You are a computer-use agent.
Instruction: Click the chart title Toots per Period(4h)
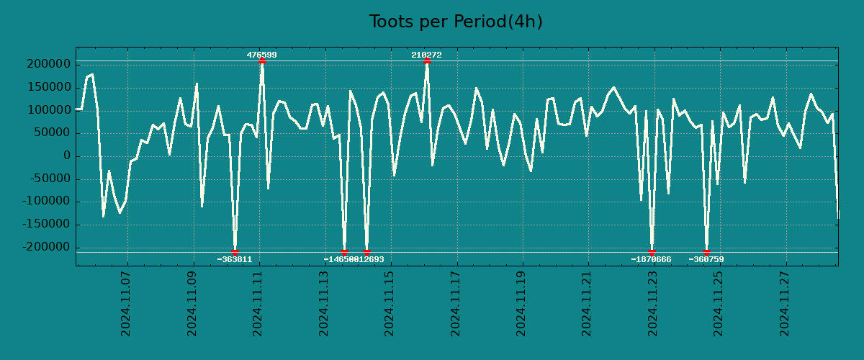(x=455, y=22)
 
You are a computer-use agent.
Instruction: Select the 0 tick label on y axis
(x=66, y=156)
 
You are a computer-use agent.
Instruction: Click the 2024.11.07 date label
(x=125, y=303)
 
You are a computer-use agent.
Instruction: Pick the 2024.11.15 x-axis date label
(x=389, y=303)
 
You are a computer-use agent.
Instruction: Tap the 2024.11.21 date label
(x=587, y=303)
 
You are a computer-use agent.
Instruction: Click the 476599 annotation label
(x=261, y=55)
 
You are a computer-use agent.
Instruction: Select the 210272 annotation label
(x=426, y=55)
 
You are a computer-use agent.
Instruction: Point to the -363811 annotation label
(x=235, y=259)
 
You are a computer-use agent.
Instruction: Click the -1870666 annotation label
(x=651, y=259)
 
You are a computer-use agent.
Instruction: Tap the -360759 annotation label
(x=706, y=259)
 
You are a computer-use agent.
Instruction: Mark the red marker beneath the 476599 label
(x=261, y=61)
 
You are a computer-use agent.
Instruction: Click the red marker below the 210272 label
(x=427, y=61)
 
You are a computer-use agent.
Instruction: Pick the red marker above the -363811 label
(x=235, y=252)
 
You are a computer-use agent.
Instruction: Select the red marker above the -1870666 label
(x=652, y=252)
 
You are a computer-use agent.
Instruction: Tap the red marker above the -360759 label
(x=706, y=252)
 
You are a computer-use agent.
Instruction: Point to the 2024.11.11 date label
(x=257, y=303)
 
